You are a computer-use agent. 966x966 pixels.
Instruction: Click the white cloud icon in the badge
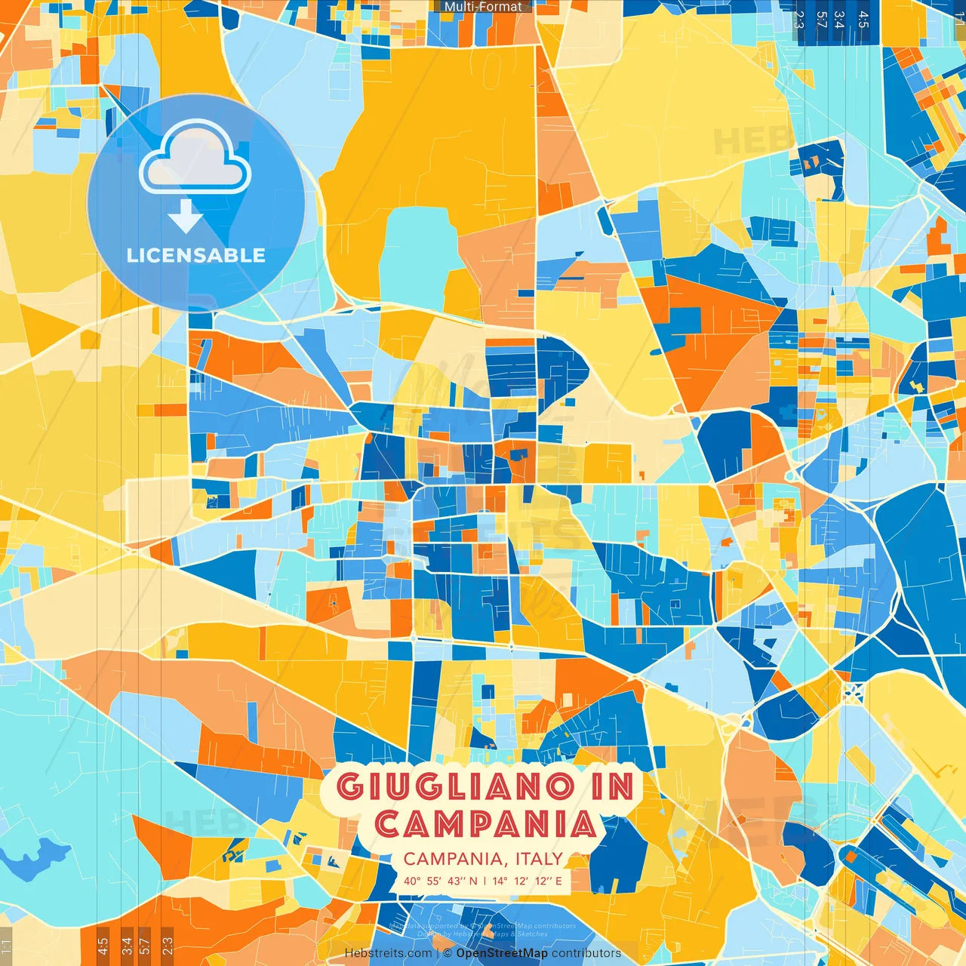(195, 158)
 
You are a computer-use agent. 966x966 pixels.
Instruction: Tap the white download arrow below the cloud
(185, 217)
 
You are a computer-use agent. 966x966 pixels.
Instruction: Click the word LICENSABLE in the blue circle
(195, 255)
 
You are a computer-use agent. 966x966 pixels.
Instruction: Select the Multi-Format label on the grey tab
(482, 7)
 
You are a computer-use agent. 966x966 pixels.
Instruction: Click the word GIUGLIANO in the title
(455, 787)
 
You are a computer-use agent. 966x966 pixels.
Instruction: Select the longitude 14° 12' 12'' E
(527, 881)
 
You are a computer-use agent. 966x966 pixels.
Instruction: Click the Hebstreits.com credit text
(388, 953)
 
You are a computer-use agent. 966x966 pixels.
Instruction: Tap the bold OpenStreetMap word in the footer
(502, 953)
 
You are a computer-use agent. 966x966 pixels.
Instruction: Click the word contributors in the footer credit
(586, 953)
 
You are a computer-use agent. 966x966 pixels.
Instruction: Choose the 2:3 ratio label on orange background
(167, 946)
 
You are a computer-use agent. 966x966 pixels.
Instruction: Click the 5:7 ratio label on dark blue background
(821, 20)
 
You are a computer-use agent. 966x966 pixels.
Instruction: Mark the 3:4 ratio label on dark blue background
(839, 20)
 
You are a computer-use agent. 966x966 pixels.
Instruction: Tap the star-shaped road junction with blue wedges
(853, 693)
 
